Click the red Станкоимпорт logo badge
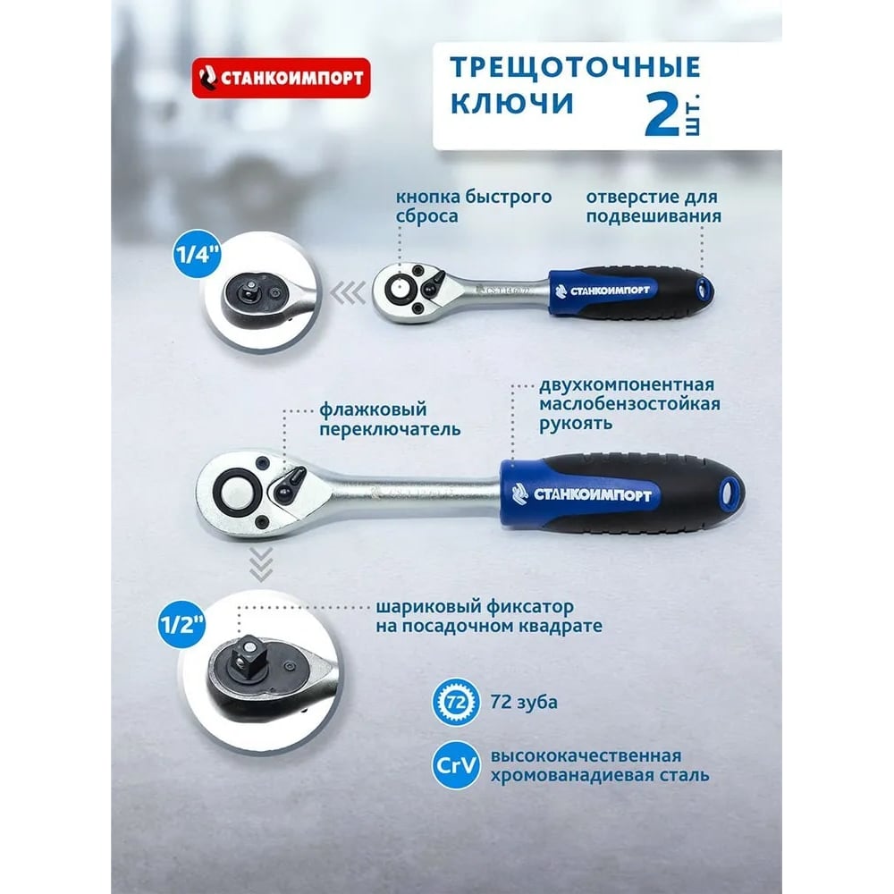tap(281, 78)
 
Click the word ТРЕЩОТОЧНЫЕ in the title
tap(575, 68)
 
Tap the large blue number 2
tap(662, 114)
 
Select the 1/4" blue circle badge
tap(197, 254)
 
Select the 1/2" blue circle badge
tap(181, 624)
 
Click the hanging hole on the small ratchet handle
tap(704, 289)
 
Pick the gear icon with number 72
tap(456, 702)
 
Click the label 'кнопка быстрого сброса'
tap(474, 207)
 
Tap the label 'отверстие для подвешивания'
tap(654, 207)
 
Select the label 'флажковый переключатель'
tap(390, 419)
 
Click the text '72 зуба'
tap(524, 702)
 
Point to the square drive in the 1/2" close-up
tap(249, 654)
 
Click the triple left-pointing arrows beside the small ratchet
tap(348, 293)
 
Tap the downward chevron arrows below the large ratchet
tap(261, 564)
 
